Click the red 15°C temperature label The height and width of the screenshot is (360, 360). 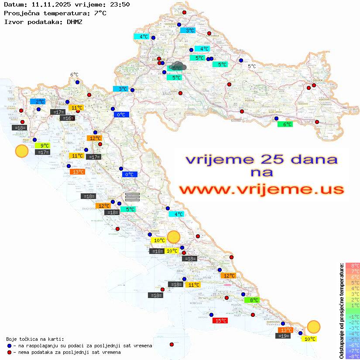[220, 321]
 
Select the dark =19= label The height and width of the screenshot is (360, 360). [283, 336]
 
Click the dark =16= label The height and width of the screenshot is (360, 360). [68, 118]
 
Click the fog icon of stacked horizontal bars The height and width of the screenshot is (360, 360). [132, 196]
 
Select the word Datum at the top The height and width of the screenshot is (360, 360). [14, 4]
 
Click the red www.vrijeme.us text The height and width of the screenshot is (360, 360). [261, 190]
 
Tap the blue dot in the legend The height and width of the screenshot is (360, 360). [10, 346]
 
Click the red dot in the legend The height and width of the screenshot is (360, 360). [10, 352]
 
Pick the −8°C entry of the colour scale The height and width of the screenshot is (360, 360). [353, 356]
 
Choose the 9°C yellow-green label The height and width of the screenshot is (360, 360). [44, 146]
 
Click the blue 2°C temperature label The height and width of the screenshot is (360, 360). [38, 101]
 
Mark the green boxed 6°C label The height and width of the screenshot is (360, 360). [285, 124]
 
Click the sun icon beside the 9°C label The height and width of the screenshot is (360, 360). [22, 151]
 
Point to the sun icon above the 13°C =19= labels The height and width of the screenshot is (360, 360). [313, 326]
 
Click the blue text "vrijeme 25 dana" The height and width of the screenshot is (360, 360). [261, 159]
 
